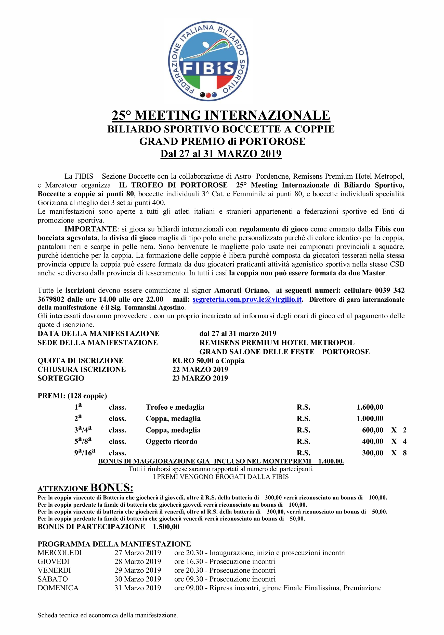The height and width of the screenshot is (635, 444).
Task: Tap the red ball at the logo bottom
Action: pyautogui.click(x=208, y=95)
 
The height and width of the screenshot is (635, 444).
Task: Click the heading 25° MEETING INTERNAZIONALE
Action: pyautogui.click(x=221, y=115)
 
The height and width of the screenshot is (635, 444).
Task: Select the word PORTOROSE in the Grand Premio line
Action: pyautogui.click(x=272, y=141)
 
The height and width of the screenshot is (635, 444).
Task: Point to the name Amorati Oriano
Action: pyautogui.click(x=242, y=290)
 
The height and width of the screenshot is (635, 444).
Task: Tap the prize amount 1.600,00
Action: pyautogui.click(x=370, y=407)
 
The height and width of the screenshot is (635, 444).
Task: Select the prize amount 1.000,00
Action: pyautogui.click(x=370, y=419)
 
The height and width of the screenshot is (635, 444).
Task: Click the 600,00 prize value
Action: pyautogui.click(x=372, y=430)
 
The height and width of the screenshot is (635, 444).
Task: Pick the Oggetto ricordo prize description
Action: pyautogui.click(x=172, y=441)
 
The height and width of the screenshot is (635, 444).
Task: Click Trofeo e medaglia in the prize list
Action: pyautogui.click(x=175, y=407)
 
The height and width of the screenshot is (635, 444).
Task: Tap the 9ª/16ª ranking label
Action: pyautogui.click(x=85, y=453)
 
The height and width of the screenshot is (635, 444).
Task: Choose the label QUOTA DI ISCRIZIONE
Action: pyautogui.click(x=81, y=361)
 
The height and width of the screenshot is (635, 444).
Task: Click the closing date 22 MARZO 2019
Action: pyautogui.click(x=200, y=370)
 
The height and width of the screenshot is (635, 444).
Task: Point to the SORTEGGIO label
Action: pyautogui.click(x=61, y=378)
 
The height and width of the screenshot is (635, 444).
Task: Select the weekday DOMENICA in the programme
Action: pyautogui.click(x=58, y=588)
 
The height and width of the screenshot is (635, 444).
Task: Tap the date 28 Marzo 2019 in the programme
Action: pyautogui.click(x=138, y=561)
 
